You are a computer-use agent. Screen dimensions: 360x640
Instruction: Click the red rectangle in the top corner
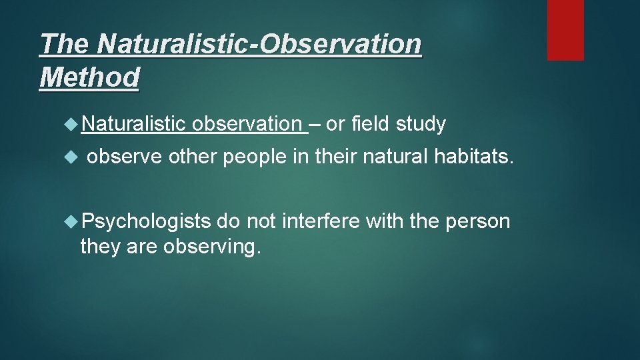[x=565, y=30]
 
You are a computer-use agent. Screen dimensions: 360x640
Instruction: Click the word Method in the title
[x=89, y=77]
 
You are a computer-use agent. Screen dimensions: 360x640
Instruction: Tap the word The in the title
[x=65, y=45]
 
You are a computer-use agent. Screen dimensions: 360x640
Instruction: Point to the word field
[x=370, y=124]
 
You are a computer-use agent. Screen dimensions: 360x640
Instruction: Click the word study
[x=421, y=124]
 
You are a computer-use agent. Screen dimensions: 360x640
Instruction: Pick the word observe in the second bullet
[x=124, y=157]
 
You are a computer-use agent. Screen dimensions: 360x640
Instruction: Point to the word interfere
[x=323, y=221]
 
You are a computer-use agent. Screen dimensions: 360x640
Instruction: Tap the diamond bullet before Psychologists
[x=73, y=221]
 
